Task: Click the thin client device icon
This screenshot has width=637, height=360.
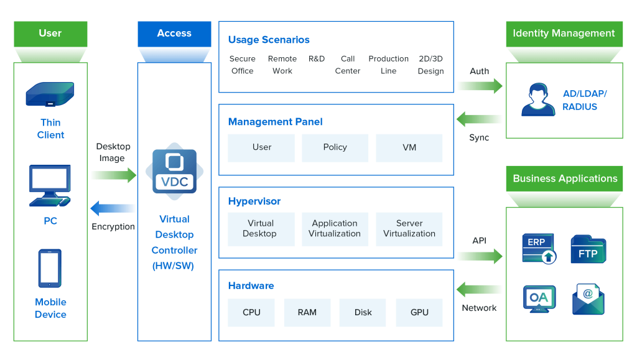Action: coord(50,94)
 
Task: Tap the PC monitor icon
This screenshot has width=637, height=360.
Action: coord(50,185)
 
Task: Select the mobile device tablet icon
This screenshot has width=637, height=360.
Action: coord(50,268)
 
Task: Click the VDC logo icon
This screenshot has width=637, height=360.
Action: coord(175,171)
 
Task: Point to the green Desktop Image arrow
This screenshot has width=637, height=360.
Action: coord(114,175)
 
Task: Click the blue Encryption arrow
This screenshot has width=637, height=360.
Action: coord(113,208)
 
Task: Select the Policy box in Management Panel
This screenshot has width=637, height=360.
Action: coord(335,148)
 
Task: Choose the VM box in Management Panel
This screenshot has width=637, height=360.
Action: coord(409,148)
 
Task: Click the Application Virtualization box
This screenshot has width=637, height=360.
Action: coord(335,229)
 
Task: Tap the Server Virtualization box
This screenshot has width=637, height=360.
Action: coord(409,229)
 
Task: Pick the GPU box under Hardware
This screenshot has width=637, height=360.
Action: coord(419,313)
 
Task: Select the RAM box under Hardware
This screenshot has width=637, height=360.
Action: coord(307,313)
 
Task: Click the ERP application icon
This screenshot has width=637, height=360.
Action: coord(539,248)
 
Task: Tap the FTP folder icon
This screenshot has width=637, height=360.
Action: coord(588,249)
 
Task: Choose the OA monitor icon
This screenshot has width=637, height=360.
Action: coord(539,299)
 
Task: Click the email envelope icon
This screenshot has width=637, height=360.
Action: coord(588,299)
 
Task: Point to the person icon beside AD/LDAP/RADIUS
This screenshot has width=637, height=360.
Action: coord(538,100)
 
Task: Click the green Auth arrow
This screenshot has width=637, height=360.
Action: coord(480,86)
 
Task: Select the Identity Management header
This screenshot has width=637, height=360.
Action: coord(564,34)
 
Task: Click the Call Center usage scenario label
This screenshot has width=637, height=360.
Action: coord(347,65)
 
